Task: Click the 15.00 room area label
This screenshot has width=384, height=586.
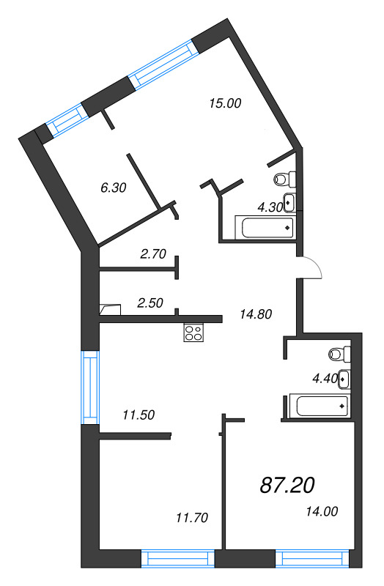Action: [x=224, y=103]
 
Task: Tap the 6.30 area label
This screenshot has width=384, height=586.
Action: [x=114, y=188]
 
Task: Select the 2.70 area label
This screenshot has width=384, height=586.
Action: [x=153, y=254]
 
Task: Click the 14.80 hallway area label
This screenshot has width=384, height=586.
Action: [x=256, y=314]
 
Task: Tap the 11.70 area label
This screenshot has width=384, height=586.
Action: [x=193, y=518]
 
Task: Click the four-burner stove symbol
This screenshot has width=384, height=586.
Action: [x=193, y=333]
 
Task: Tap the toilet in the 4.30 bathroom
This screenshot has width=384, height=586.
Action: [x=284, y=178]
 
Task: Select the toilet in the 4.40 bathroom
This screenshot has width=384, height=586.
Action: [x=339, y=354]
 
